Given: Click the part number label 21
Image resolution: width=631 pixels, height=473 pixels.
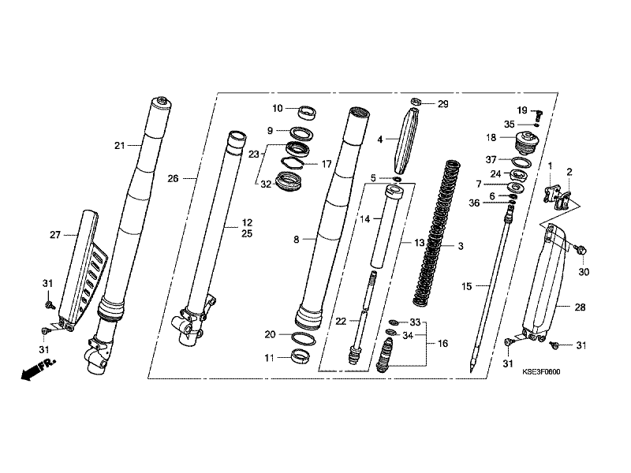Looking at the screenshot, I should pos(119,145).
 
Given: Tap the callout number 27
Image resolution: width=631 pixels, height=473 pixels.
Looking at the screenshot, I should pos(54,234).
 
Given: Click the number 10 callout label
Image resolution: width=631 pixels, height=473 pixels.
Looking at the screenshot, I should pos(278,108).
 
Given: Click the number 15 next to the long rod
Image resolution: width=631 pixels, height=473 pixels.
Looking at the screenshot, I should pos(466,288).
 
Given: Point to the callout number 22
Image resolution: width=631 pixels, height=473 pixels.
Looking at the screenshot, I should pos(341,321).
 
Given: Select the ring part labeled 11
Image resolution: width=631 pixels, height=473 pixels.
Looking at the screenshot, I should pos(301,358).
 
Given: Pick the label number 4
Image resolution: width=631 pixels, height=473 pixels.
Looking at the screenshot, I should pos(379,140).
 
